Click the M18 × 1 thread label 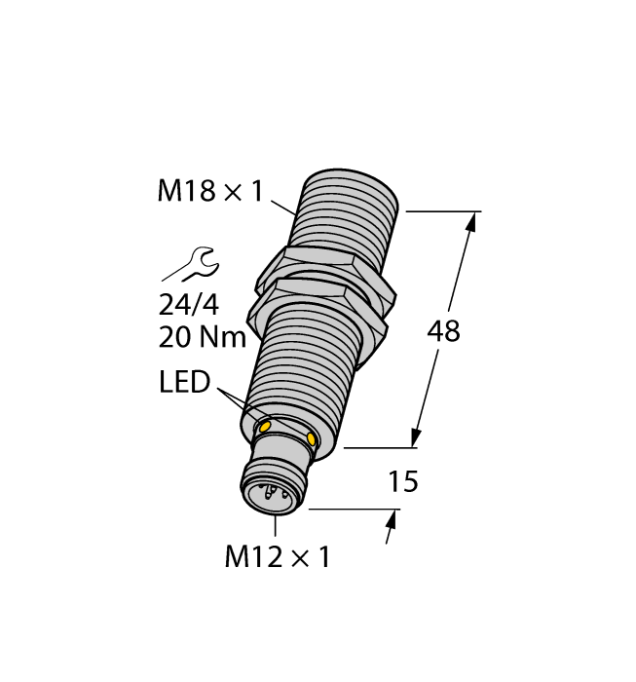point(209,192)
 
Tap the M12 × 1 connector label point(278,557)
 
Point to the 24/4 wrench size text point(189,305)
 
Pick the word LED point(184,383)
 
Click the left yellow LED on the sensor point(263,426)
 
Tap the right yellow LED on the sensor point(312,440)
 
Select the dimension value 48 point(443,331)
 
